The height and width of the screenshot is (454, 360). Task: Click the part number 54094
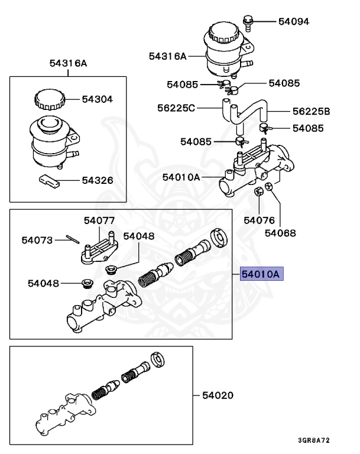[x=294, y=21]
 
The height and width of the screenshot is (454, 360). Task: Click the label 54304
[x=97, y=99]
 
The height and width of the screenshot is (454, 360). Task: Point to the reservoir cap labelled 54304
[x=49, y=99]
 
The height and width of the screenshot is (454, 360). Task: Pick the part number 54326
[x=98, y=180]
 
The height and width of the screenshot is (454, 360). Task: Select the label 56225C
[x=176, y=108]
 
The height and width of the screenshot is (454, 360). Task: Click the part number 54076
[x=259, y=220]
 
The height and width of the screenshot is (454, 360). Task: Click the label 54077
[x=99, y=220]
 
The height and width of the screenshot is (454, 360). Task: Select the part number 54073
[x=37, y=240]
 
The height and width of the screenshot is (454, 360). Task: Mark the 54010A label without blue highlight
[x=181, y=177]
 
